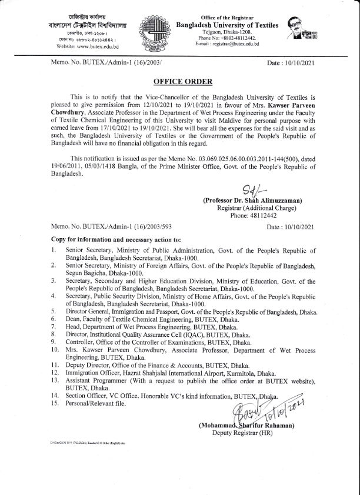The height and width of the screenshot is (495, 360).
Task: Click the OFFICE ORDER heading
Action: [x=179, y=81]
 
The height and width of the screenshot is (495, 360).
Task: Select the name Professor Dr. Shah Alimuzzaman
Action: [x=253, y=200]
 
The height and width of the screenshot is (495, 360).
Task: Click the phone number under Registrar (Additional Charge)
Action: [x=253, y=216]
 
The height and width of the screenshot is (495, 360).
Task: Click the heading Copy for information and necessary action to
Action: [x=116, y=240]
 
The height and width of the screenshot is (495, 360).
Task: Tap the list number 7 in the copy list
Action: [x=53, y=325]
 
